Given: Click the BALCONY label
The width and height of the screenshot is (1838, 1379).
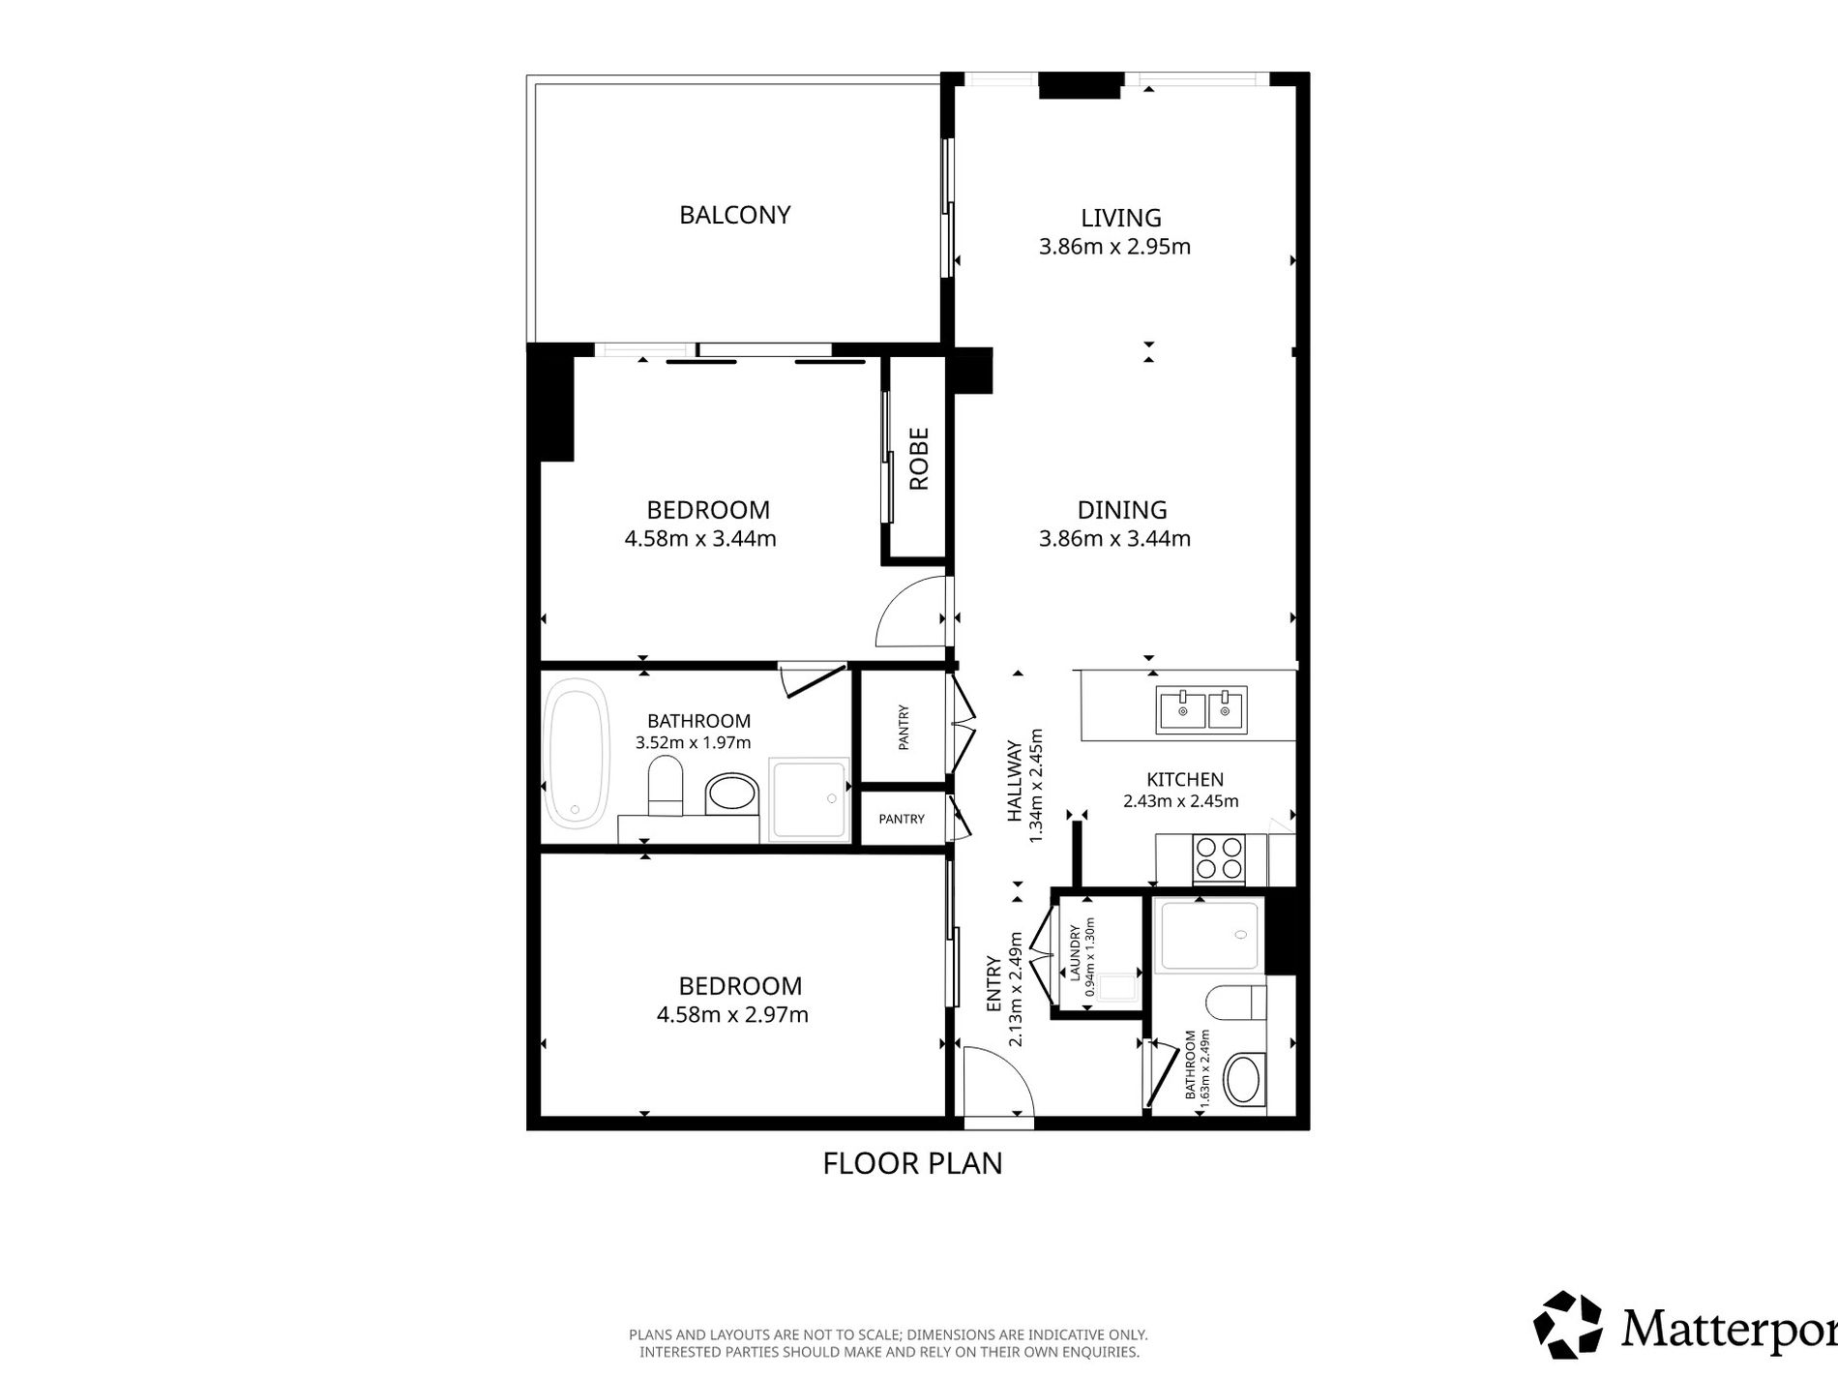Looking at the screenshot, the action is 735,214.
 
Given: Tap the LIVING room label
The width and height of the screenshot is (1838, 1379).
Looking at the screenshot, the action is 1121,218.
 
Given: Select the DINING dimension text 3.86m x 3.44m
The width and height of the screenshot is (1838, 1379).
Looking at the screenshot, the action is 1114,538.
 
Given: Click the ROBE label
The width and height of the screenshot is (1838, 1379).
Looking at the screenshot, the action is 919,459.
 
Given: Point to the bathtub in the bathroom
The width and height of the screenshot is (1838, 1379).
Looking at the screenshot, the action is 578,753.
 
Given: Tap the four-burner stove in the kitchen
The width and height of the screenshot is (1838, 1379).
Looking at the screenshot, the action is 1218,858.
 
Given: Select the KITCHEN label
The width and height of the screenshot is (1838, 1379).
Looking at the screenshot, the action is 1185,779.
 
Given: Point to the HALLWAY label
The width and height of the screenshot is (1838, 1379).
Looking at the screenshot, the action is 1015,781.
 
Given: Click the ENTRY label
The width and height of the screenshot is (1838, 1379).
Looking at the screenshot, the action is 993,985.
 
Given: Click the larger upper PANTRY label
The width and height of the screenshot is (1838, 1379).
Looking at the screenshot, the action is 904,727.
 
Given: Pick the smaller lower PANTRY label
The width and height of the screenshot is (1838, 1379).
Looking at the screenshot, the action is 902,819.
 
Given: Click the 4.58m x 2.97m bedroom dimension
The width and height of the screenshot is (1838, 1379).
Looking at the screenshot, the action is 732,1014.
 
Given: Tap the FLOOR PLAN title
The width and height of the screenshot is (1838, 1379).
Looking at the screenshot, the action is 912,1162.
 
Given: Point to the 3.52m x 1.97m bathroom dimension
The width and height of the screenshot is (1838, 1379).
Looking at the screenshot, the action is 693,743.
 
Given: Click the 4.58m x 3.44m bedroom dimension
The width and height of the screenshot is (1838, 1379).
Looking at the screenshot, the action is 700,538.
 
